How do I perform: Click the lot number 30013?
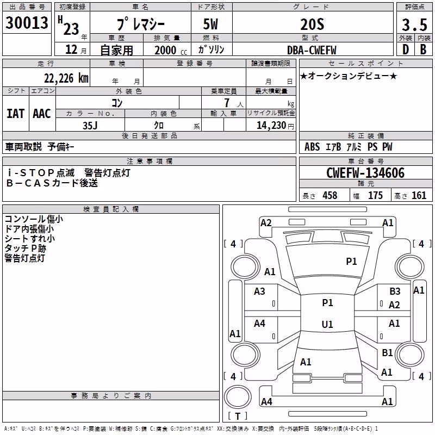coord(27,23)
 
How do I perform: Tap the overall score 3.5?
coord(414,24)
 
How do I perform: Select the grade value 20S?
coord(312,24)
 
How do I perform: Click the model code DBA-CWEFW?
coord(312,50)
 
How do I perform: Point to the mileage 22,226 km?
coord(66,78)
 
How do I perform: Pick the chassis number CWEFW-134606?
coord(365,173)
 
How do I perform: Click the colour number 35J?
coord(90,126)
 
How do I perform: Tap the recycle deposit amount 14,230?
coord(271,126)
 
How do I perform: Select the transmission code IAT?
coord(16,114)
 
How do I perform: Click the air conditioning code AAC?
coord(42,114)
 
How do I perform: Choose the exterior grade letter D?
coord(406,49)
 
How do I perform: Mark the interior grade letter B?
coord(423,49)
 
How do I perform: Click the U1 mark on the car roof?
coord(327,324)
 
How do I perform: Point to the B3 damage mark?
coord(395,291)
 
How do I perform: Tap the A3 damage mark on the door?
coord(259,291)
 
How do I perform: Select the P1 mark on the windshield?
coord(351,262)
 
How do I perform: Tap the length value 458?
coord(330,195)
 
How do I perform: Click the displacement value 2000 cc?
coord(171,50)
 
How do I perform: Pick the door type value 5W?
coord(210,24)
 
